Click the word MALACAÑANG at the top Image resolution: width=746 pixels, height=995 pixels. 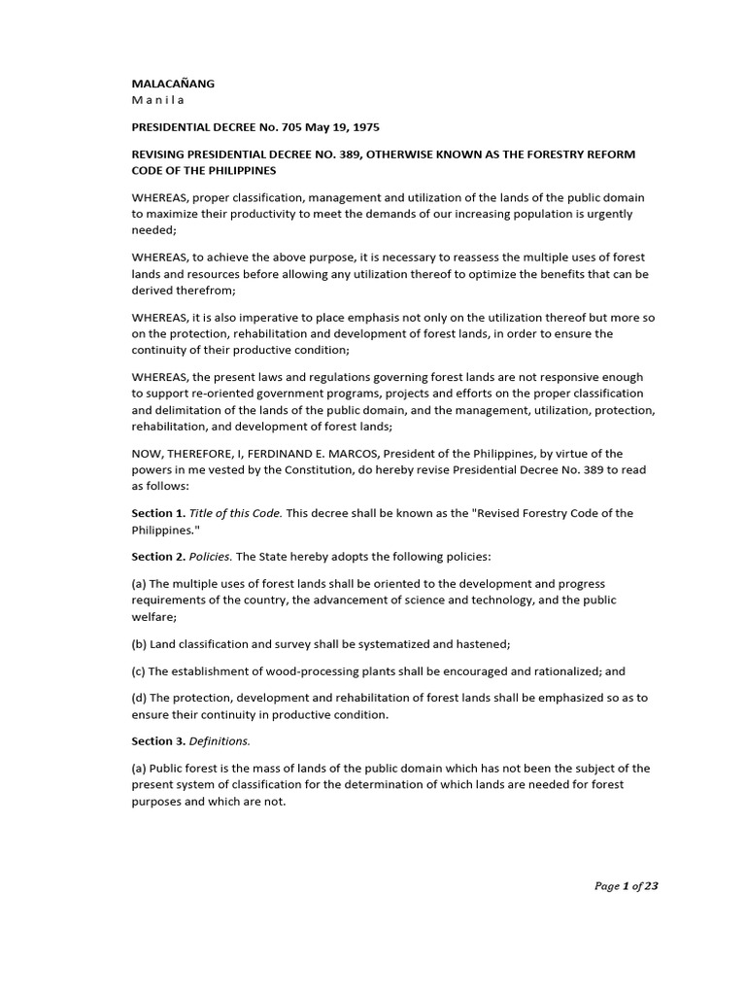[173, 84]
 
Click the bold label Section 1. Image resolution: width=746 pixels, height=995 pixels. [158, 513]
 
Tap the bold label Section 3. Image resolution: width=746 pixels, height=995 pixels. [158, 741]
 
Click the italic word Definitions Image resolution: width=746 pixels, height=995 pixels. [220, 741]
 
